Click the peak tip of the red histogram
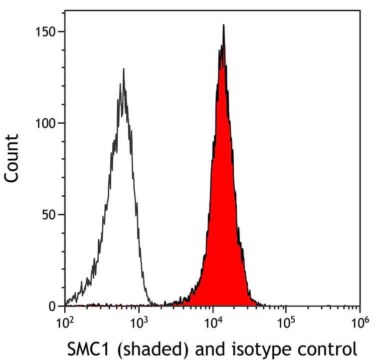(x=223, y=25)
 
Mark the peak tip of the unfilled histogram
(x=123, y=69)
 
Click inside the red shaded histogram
(x=222, y=200)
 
